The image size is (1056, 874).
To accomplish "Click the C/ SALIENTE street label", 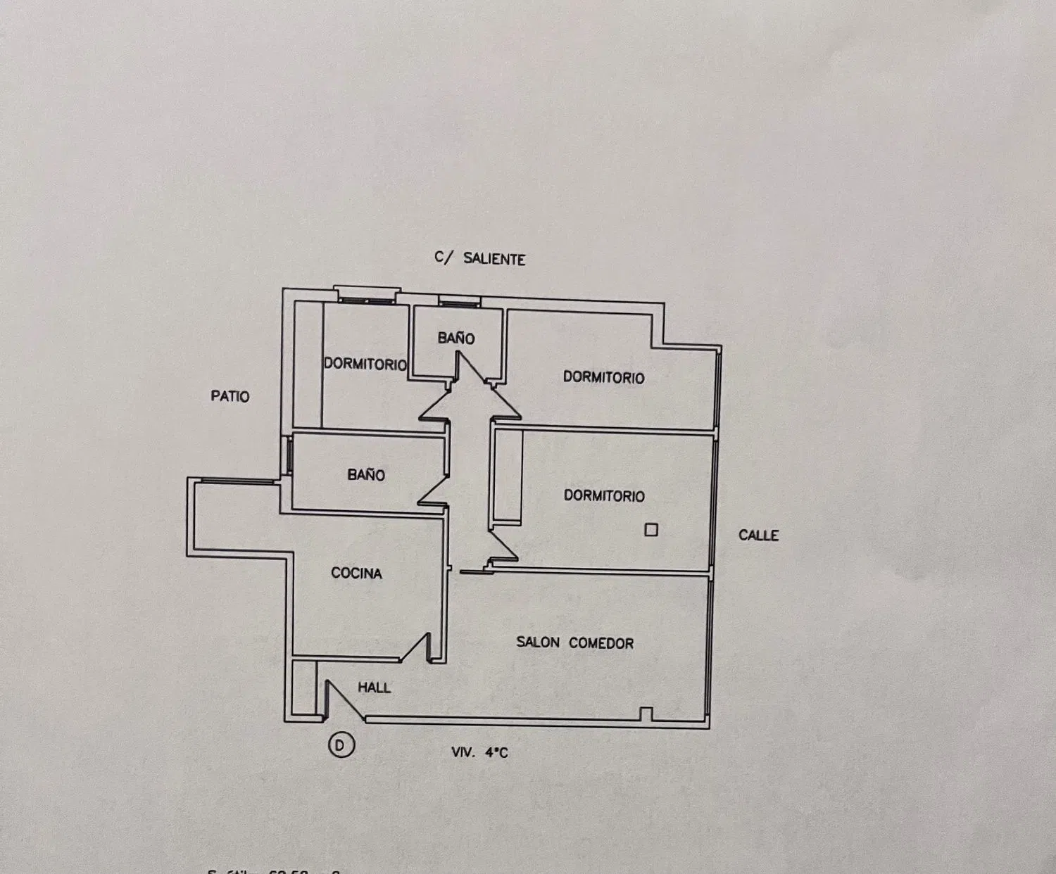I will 480,259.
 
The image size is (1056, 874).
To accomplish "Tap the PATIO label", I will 230,396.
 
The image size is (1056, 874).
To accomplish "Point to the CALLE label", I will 758,536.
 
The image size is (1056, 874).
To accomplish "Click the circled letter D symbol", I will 341,745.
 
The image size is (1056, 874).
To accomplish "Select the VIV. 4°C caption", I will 479,752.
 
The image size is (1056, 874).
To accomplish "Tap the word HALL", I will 374,688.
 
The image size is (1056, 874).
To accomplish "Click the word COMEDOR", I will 601,643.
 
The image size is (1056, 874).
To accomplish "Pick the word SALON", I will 538,642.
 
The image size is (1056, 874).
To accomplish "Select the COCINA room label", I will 356,574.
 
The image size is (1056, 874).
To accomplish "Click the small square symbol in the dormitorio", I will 651,530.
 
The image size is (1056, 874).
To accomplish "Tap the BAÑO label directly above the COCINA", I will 366,475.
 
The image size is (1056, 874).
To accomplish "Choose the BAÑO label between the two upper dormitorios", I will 456,338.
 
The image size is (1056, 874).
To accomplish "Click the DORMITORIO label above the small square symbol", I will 604,496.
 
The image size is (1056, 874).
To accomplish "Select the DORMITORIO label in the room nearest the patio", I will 365,364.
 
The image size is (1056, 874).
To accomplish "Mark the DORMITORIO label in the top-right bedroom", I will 603,378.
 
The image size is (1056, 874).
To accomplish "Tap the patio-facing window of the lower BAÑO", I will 289,456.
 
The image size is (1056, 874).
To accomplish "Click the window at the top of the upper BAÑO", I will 458,302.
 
